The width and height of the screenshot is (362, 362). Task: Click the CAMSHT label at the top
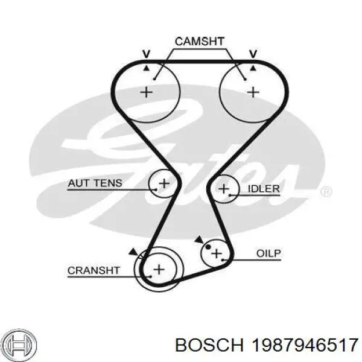[199, 41]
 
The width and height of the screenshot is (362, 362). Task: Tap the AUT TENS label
[95, 183]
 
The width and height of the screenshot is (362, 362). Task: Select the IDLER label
[264, 189]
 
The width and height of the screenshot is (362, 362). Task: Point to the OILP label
[270, 253]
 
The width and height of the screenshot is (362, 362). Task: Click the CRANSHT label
[94, 270]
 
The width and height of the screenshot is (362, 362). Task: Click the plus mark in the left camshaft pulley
[145, 92]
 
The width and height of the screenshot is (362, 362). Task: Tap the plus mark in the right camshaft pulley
[253, 92]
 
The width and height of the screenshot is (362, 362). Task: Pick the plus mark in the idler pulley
[224, 189]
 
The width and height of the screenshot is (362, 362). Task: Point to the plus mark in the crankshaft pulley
[159, 269]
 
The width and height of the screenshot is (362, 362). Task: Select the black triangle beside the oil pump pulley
[199, 240]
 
